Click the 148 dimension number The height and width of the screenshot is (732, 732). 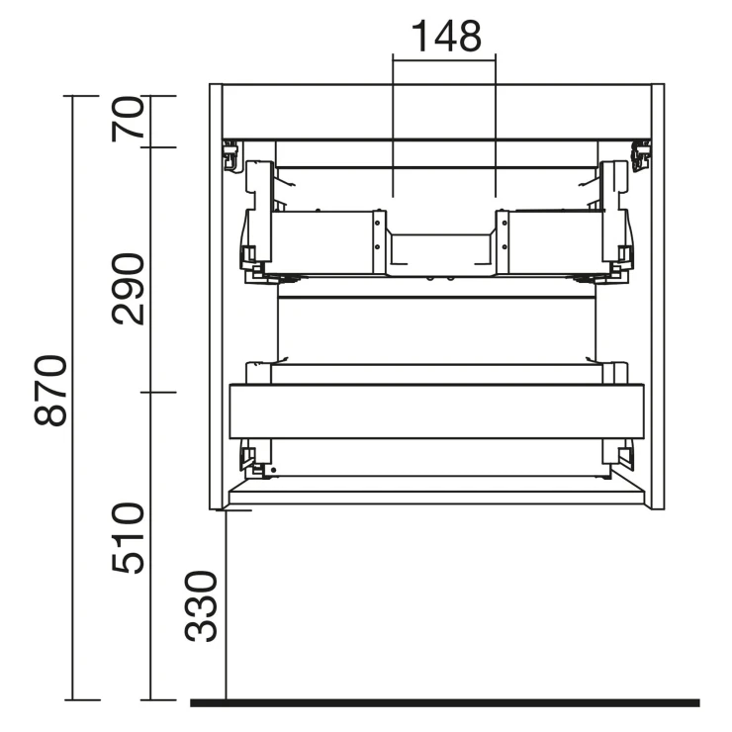pyautogui.click(x=446, y=36)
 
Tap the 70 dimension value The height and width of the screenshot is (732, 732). pyautogui.click(x=128, y=119)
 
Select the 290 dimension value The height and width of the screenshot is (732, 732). pyautogui.click(x=128, y=289)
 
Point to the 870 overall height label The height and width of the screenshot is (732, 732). pyautogui.click(x=50, y=390)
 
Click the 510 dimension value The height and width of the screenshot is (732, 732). pyautogui.click(x=128, y=538)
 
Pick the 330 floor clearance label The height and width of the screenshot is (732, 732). pyautogui.click(x=201, y=606)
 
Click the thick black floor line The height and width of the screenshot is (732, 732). pyautogui.click(x=445, y=703)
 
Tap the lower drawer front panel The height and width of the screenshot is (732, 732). pyautogui.click(x=436, y=412)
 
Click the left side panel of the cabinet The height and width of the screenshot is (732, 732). pyautogui.click(x=216, y=297)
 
